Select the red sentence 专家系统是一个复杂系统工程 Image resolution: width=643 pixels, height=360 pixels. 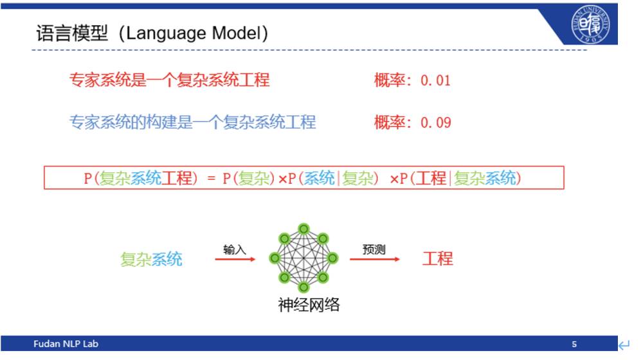click(170, 80)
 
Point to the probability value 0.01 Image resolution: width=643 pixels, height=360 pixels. click(436, 81)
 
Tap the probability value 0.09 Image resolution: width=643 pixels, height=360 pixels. click(436, 123)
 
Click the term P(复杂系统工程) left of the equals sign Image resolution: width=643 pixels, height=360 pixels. click(138, 179)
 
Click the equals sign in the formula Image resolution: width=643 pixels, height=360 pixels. click(211, 179)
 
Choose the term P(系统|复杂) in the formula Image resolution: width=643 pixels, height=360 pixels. click(332, 179)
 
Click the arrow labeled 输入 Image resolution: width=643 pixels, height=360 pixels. click(235, 259)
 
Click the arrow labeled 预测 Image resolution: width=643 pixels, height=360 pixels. click(374, 259)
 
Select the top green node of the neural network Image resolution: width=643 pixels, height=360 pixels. click(303, 228)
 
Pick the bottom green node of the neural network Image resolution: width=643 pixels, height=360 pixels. click(303, 286)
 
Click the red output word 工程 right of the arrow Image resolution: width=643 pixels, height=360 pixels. click(437, 259)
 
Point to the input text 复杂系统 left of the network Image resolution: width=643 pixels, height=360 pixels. click(151, 260)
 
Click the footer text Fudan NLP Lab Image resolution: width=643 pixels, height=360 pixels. click(66, 344)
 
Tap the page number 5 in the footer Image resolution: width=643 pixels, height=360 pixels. click(574, 344)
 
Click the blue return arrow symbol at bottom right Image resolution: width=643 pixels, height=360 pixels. click(624, 345)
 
